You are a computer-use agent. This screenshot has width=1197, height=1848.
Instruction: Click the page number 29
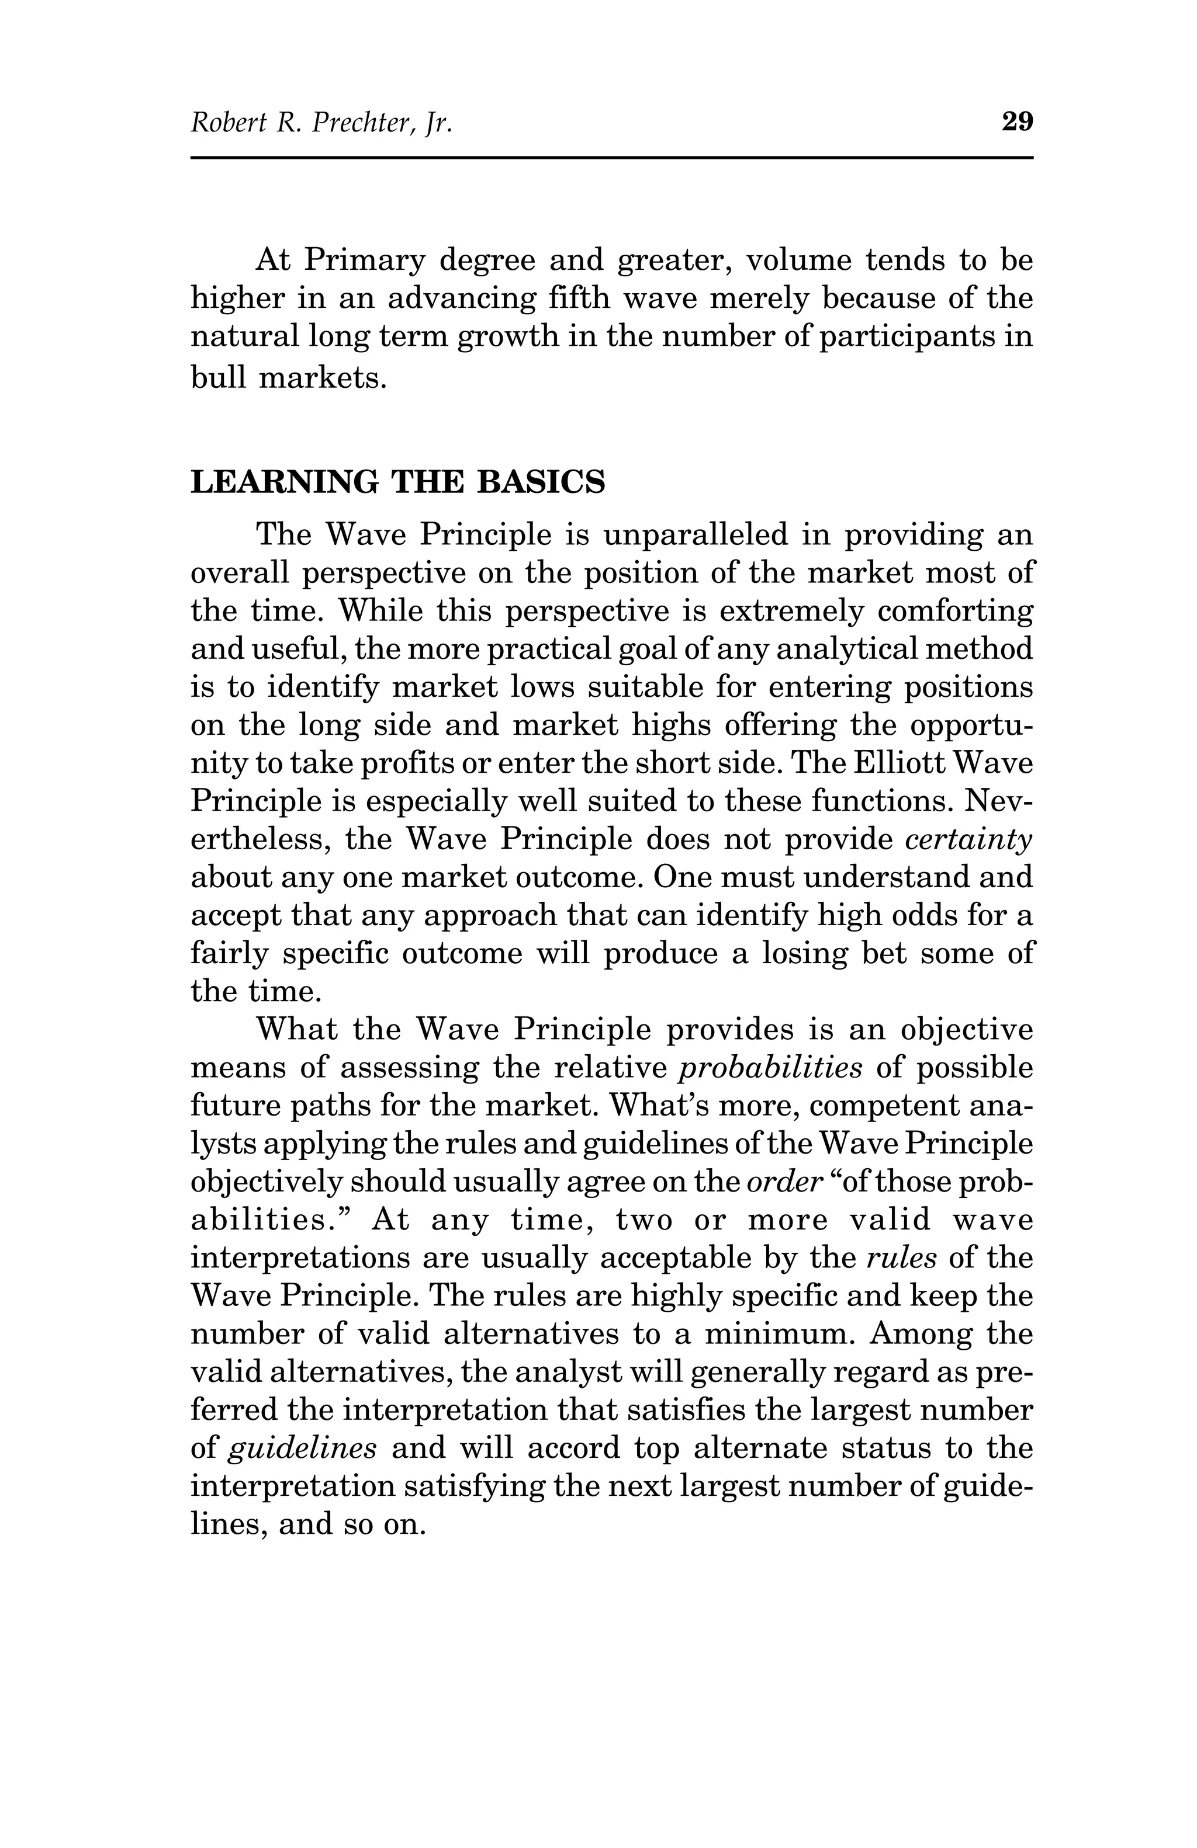[1017, 122]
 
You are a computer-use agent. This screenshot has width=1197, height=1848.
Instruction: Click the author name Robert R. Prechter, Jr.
[321, 123]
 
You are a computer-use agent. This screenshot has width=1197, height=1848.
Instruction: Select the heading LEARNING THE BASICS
[397, 482]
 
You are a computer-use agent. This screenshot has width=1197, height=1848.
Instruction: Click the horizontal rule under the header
[611, 158]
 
